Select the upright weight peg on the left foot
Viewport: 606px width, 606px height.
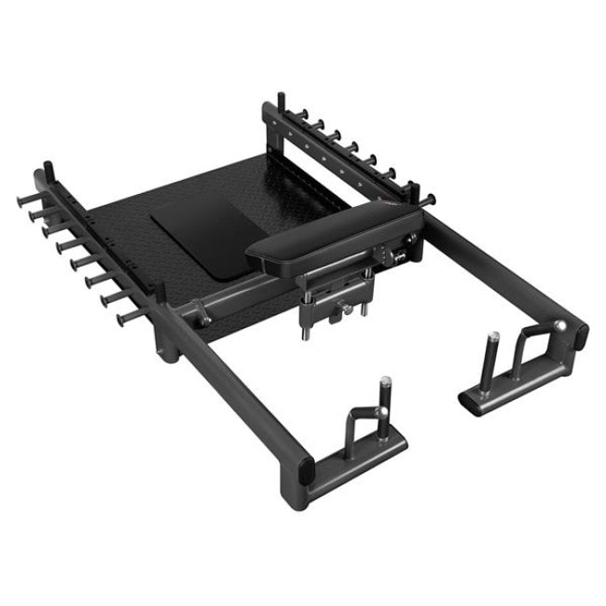tap(383, 395)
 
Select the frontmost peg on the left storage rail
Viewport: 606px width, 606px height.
tap(122, 318)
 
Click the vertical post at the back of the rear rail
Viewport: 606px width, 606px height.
tap(280, 105)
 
